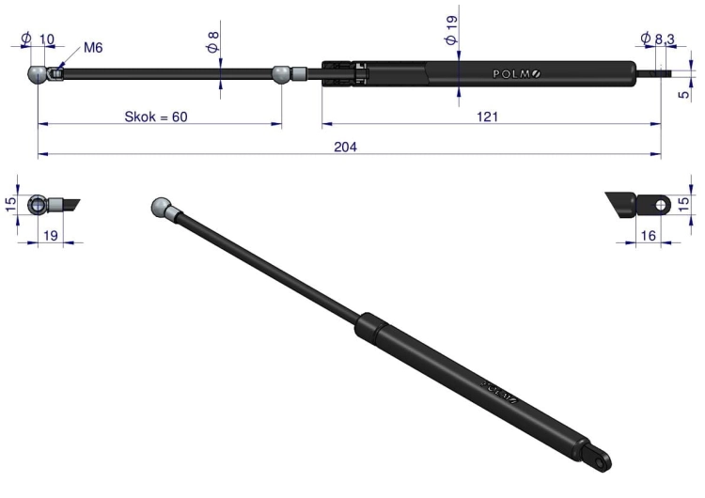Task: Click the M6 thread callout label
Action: pyautogui.click(x=93, y=48)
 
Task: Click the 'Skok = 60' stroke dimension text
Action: pyautogui.click(x=155, y=117)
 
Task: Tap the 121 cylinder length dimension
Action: pyautogui.click(x=487, y=117)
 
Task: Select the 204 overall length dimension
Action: pyautogui.click(x=345, y=147)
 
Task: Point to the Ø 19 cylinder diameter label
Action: pyautogui.click(x=451, y=30)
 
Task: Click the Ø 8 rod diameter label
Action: pyautogui.click(x=213, y=41)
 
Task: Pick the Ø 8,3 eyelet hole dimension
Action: pyautogui.click(x=658, y=39)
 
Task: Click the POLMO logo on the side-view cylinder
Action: pyautogui.click(x=517, y=73)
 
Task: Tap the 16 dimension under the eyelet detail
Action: pyautogui.click(x=648, y=236)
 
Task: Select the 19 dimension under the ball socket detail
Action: pyautogui.click(x=51, y=236)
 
